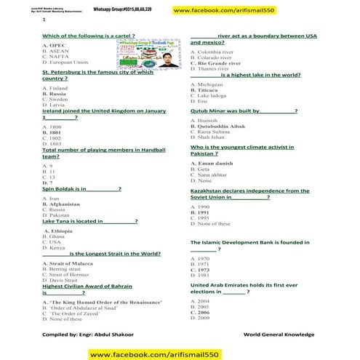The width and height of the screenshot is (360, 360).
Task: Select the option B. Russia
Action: [x=55, y=95]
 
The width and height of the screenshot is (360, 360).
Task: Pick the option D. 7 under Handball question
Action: [x=49, y=183]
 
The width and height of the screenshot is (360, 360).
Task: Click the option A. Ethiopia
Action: [x=58, y=231]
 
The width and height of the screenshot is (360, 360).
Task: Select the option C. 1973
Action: [x=199, y=270]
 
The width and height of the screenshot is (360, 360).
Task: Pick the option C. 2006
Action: [x=199, y=312]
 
